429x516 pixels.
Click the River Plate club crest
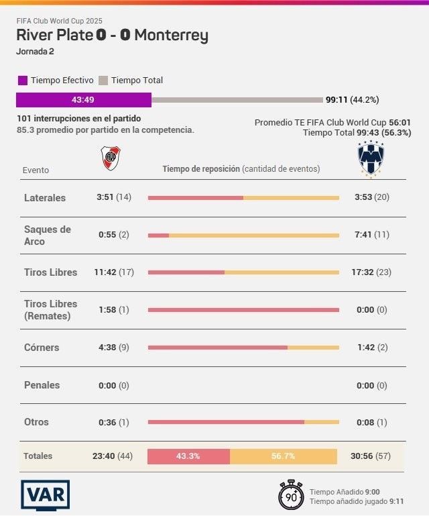point(111,158)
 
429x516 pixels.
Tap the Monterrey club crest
point(369,160)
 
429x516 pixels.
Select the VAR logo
point(45,495)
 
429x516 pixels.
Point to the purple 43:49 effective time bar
point(84,100)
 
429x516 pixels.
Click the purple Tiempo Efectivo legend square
point(23,81)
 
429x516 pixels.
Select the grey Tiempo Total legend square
point(103,81)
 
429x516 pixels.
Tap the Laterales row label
point(45,198)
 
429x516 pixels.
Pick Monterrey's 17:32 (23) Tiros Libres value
point(372,272)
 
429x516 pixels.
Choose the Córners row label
point(42,348)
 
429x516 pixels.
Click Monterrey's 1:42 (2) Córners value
point(371,348)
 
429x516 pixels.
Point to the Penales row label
point(42,385)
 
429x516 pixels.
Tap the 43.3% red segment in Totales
point(188,456)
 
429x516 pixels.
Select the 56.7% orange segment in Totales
point(283,456)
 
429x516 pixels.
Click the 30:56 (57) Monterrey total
point(370,456)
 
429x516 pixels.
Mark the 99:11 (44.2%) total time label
point(352,100)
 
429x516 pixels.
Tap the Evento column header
point(36,170)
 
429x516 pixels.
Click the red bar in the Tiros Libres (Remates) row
point(243,310)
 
